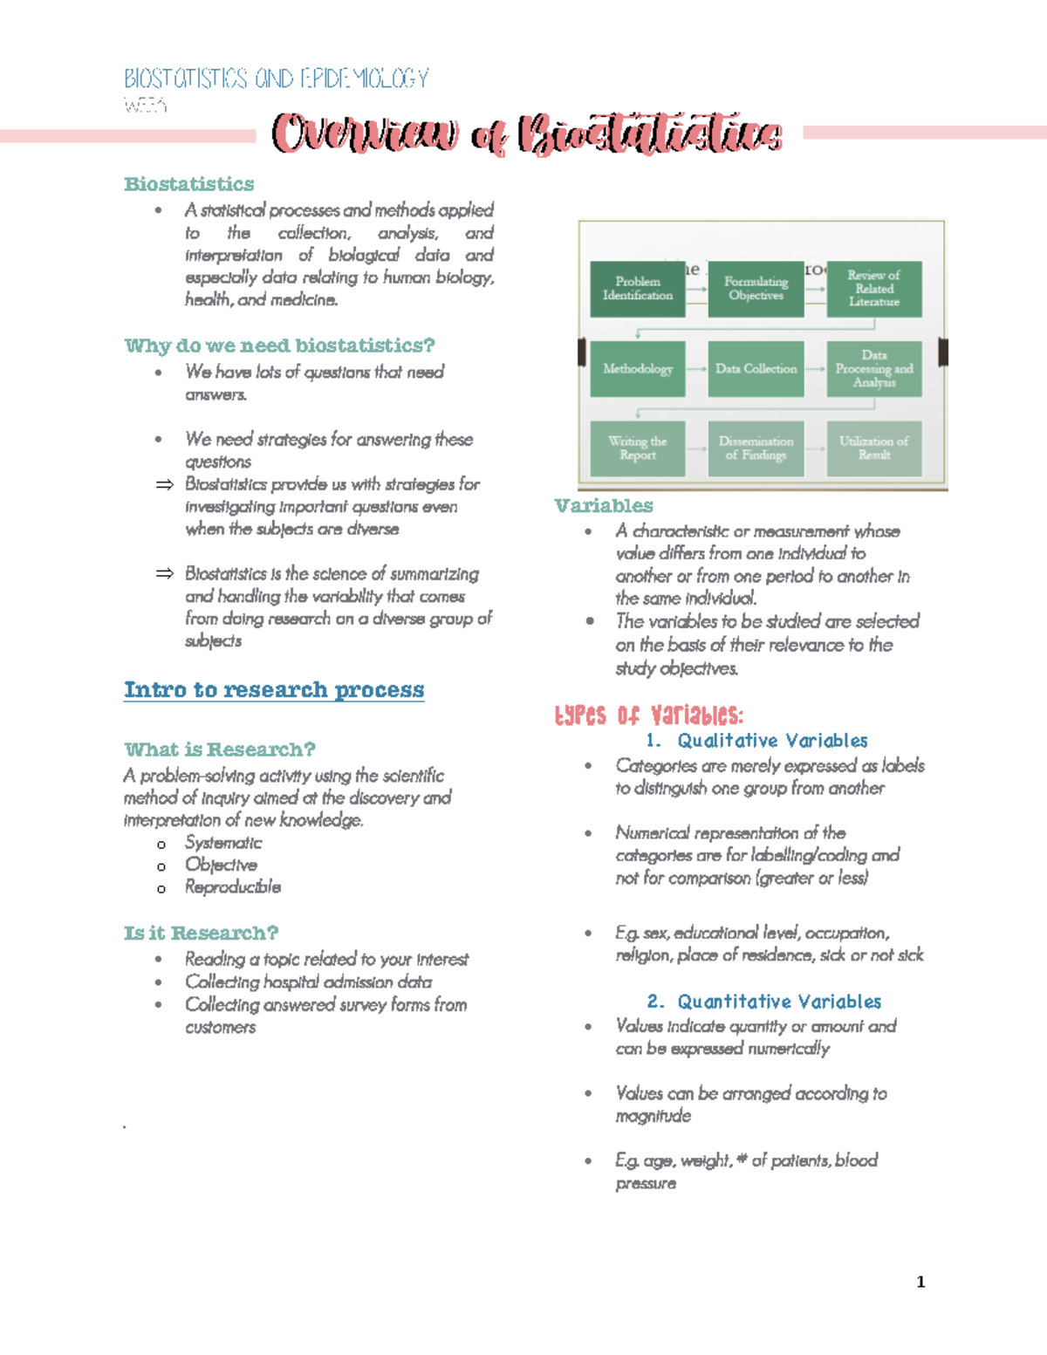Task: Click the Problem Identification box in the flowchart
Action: [638, 289]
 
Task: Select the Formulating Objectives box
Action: [756, 289]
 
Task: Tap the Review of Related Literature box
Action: [873, 289]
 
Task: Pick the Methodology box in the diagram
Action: [638, 369]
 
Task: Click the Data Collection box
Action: [756, 369]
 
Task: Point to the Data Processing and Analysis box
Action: [873, 369]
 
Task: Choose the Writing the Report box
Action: [638, 448]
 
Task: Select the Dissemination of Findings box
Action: [756, 448]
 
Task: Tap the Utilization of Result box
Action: [873, 448]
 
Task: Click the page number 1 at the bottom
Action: [920, 1282]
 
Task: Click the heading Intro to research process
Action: [274, 690]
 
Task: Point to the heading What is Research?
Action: [220, 749]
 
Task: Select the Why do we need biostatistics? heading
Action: [279, 346]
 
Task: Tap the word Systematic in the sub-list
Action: [223, 843]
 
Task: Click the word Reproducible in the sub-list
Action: [233, 887]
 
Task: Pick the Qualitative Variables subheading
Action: [772, 741]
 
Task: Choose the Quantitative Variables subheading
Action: [779, 1002]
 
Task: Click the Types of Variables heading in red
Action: [649, 716]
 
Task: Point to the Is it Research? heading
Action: [202, 934]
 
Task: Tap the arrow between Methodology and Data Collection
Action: [696, 369]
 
